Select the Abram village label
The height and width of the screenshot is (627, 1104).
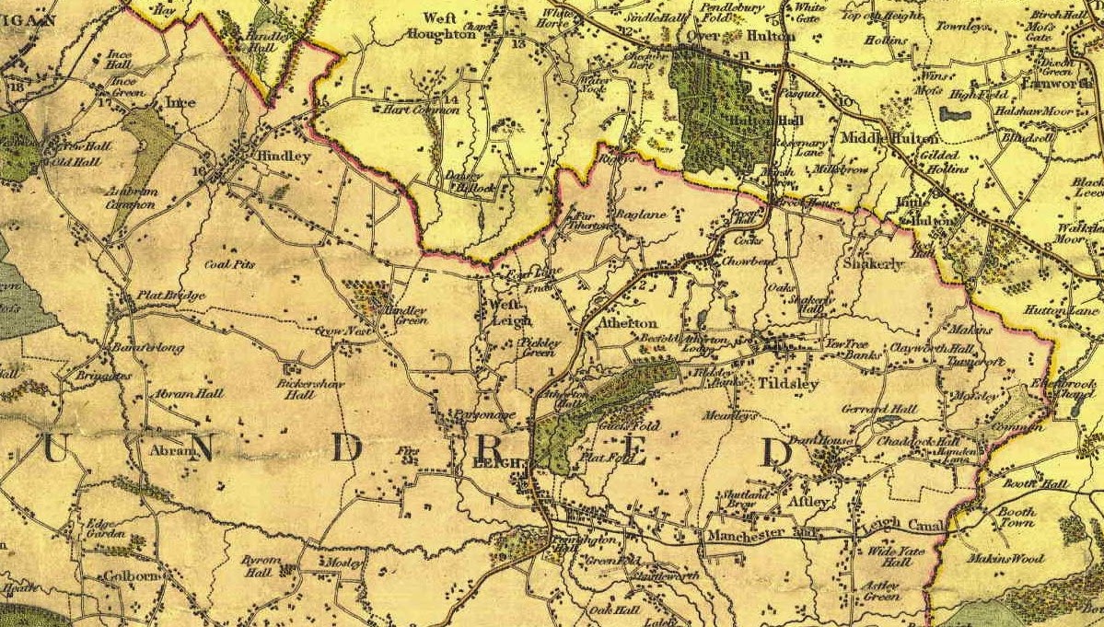pyautogui.click(x=172, y=451)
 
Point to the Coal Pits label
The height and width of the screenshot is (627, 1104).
pyautogui.click(x=229, y=263)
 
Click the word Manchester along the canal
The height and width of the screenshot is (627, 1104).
pyautogui.click(x=746, y=535)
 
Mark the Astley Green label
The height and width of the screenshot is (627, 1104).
pyautogui.click(x=881, y=590)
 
